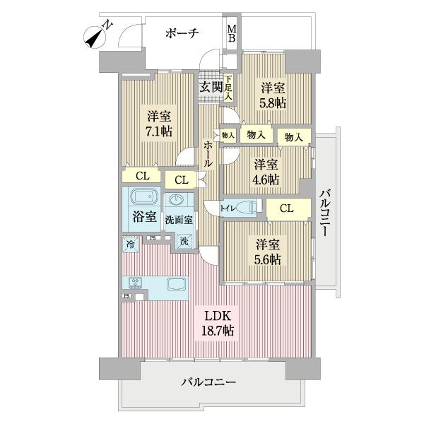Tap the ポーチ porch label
tap(182, 33)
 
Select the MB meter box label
tap(231, 33)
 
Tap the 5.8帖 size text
tap(273, 103)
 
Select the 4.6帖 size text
tap(266, 179)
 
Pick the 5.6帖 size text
tap(268, 259)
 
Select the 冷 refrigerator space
tap(130, 244)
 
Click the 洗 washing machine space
tap(183, 240)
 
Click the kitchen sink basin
tap(176, 285)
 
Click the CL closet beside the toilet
tap(288, 208)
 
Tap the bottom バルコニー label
tap(208, 382)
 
